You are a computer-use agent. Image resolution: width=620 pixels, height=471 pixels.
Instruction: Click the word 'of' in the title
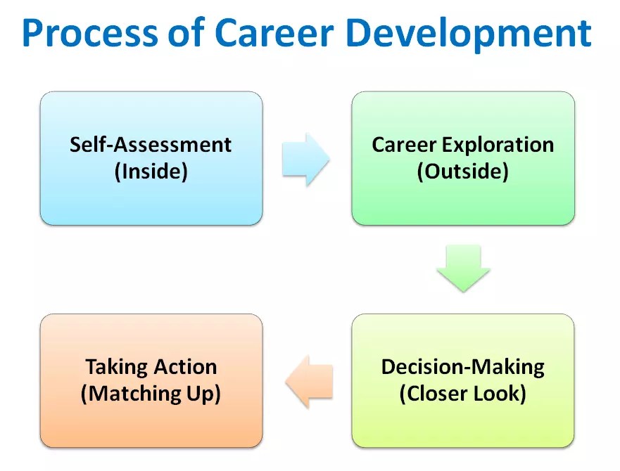(189, 33)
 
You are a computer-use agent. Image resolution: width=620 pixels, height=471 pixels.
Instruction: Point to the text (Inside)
(151, 172)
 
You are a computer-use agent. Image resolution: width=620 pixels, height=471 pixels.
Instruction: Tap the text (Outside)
(462, 172)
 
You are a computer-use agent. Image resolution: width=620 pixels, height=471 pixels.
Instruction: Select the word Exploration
(496, 146)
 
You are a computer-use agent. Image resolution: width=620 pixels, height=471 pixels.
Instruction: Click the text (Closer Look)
(462, 394)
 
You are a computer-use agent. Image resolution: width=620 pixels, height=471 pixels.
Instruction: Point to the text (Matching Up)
(151, 394)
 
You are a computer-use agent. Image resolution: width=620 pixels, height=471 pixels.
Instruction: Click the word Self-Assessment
(151, 146)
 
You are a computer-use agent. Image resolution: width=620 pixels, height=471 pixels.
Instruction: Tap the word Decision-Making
(462, 368)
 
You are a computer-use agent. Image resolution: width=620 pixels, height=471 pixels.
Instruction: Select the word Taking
(116, 368)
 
